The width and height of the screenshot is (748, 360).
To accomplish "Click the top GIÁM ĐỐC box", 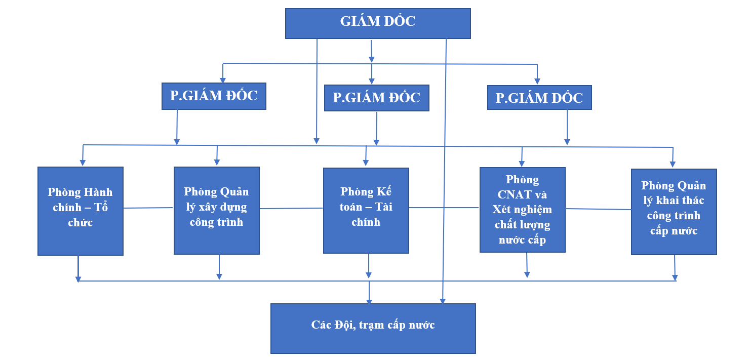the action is pyautogui.click(x=378, y=23).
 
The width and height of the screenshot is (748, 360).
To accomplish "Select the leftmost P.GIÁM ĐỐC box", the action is pyautogui.click(x=214, y=96).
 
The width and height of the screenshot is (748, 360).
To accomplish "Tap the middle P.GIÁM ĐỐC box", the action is pyautogui.click(x=377, y=98).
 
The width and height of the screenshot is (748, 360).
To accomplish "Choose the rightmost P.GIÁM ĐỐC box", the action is pyautogui.click(x=539, y=98).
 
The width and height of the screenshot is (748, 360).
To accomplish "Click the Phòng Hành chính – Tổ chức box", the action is pyautogui.click(x=81, y=211).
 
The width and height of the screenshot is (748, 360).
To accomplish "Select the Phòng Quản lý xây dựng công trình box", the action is pyautogui.click(x=217, y=211).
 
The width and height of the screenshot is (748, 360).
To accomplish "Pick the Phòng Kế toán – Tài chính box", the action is pyautogui.click(x=366, y=211).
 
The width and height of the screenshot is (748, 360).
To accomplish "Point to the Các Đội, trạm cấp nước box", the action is pyautogui.click(x=373, y=329).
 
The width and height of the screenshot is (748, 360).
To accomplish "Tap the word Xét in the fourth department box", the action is pyautogui.click(x=501, y=210).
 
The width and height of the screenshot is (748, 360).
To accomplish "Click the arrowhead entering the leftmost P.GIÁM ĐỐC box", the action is pyautogui.click(x=223, y=81).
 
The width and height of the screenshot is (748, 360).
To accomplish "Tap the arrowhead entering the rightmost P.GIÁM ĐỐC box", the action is pyautogui.click(x=537, y=81).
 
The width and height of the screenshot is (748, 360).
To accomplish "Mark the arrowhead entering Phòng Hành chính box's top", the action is pyautogui.click(x=83, y=163).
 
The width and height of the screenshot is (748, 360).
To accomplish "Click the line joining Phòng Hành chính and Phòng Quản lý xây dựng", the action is pyautogui.click(x=148, y=208).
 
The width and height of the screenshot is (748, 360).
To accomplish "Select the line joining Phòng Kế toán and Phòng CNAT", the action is pyautogui.click(x=444, y=208).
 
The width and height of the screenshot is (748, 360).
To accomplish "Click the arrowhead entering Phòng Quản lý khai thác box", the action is pyautogui.click(x=673, y=165).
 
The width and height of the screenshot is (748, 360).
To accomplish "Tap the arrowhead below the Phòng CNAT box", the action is pyautogui.click(x=527, y=274).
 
